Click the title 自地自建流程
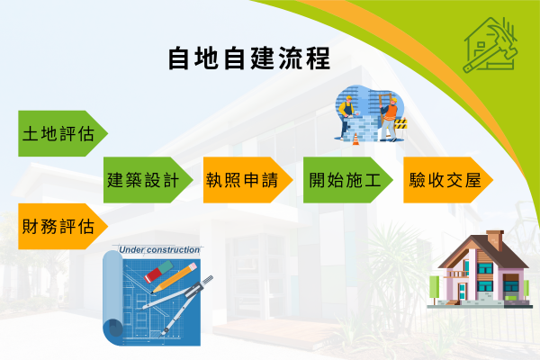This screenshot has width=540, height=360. coord(248,58)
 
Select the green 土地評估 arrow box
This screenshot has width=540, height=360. coord(59,133)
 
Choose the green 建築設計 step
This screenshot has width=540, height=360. coord(148,179)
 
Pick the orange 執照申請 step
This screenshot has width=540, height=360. coord(245,179)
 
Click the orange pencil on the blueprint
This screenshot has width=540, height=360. coord(176,276)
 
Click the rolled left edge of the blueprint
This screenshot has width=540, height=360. coord(112,297)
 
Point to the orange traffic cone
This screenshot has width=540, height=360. coord(355,138)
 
